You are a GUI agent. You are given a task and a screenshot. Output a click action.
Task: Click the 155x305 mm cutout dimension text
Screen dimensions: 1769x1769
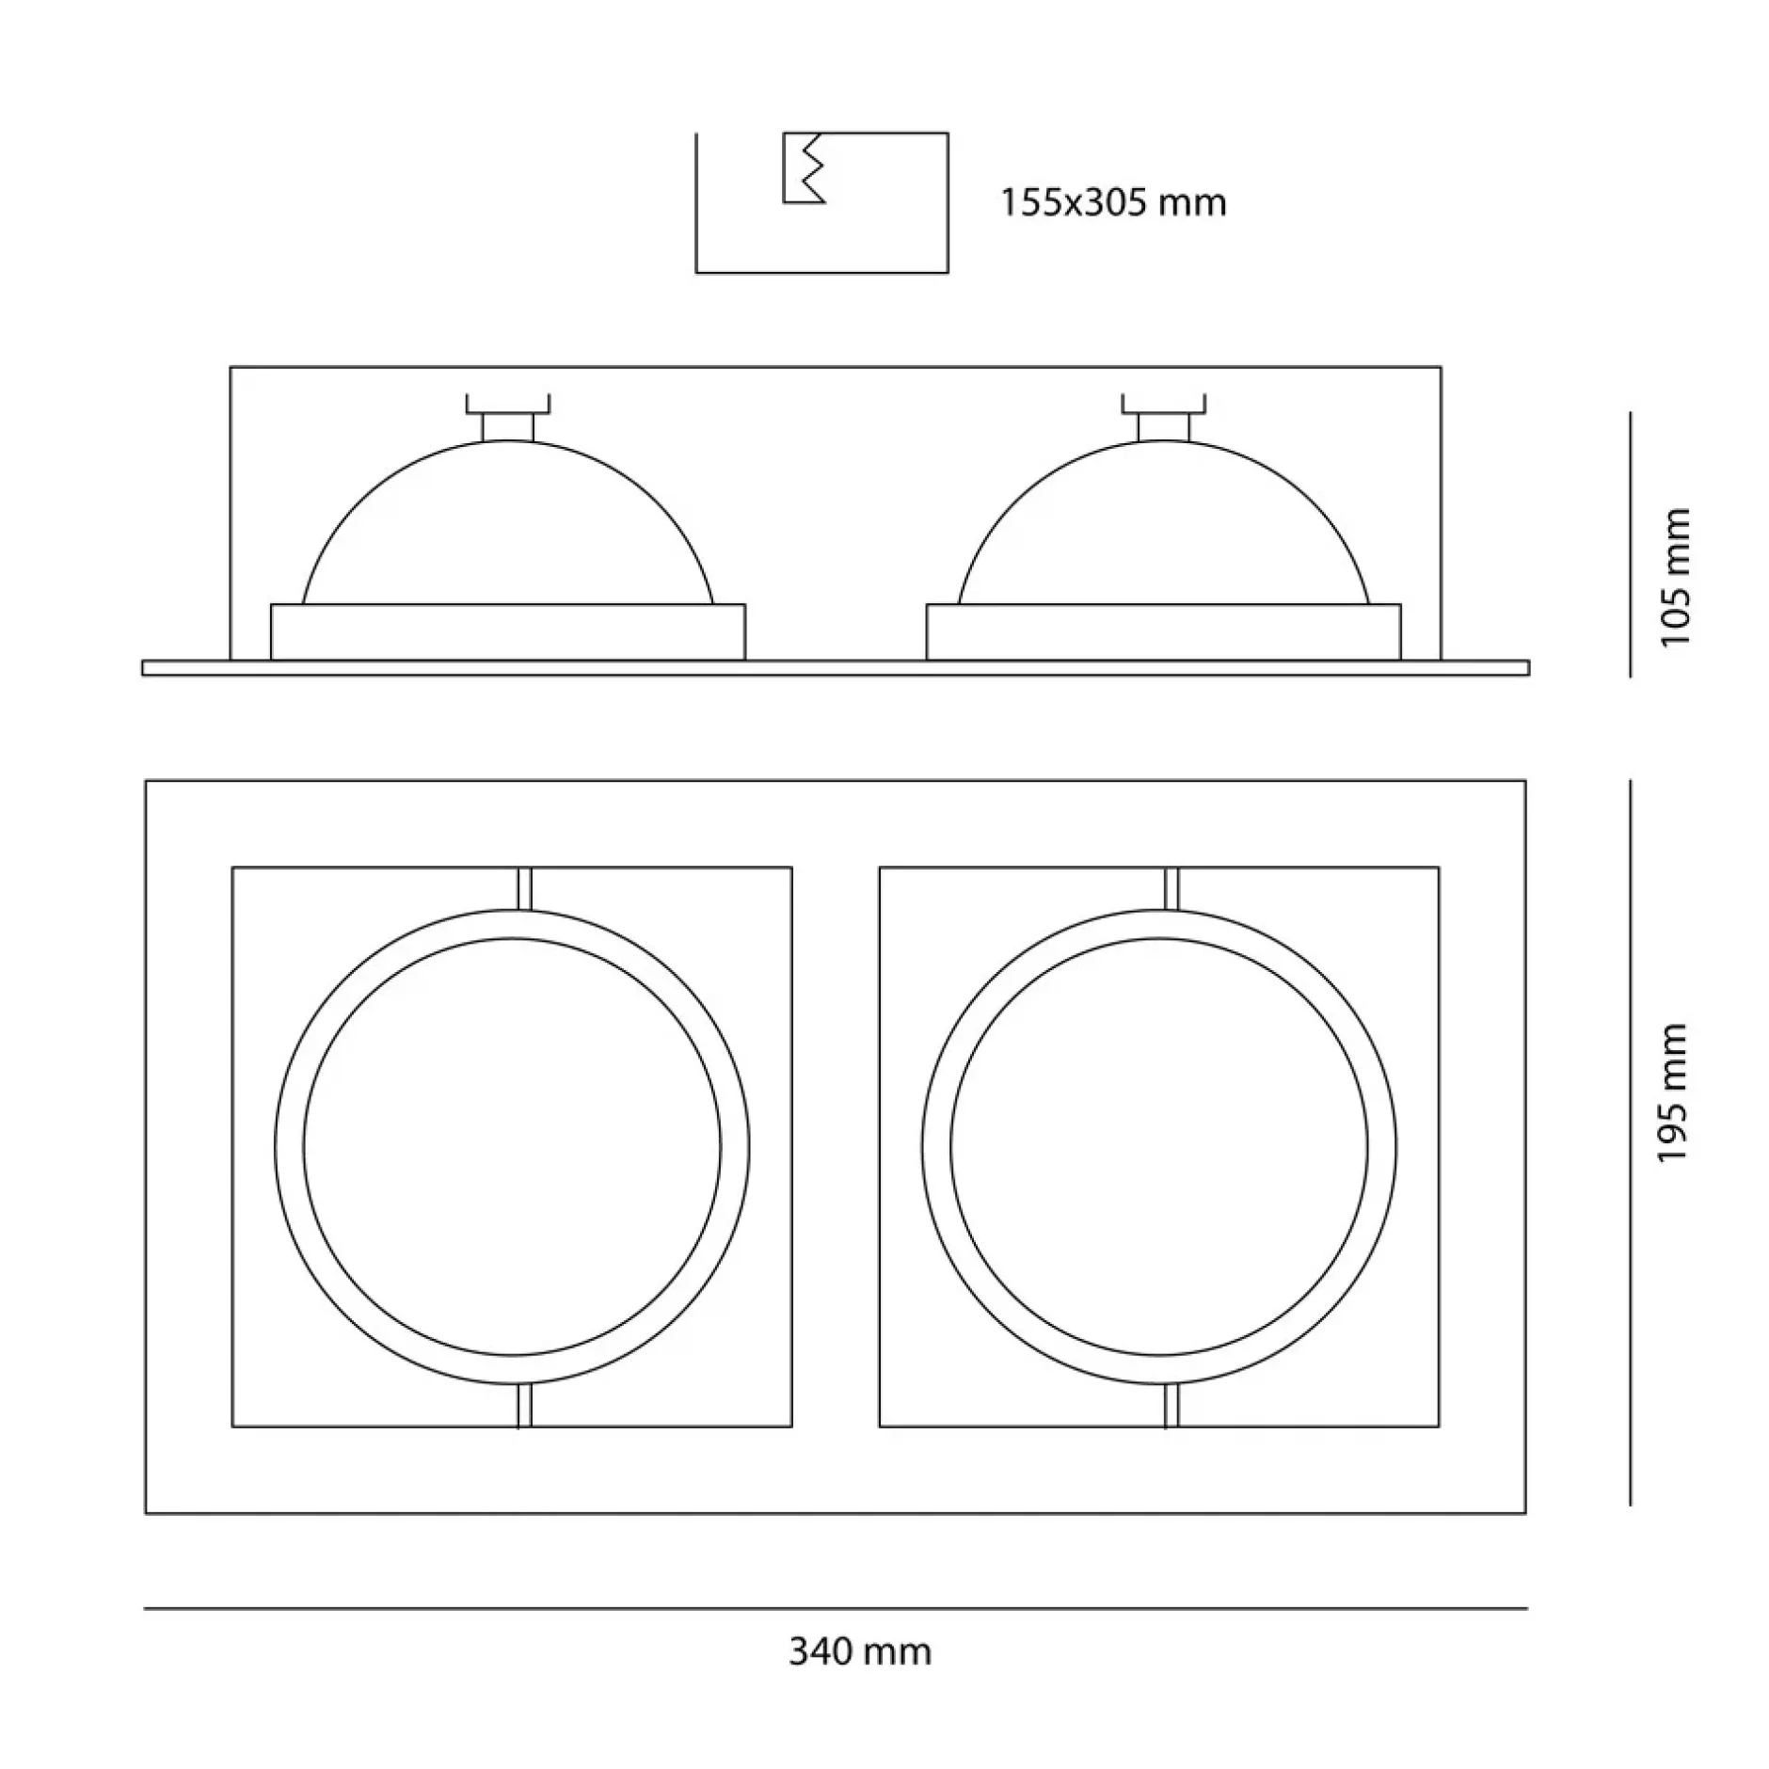tap(1112, 202)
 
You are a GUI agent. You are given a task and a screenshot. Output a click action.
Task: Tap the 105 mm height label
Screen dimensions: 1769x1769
tap(1676, 577)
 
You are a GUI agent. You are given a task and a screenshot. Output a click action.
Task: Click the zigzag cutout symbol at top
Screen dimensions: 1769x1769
tap(805, 167)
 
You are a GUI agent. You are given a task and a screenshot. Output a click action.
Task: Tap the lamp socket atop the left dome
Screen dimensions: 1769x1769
tap(508, 417)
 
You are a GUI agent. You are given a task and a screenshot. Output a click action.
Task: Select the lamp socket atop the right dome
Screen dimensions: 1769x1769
tap(1164, 417)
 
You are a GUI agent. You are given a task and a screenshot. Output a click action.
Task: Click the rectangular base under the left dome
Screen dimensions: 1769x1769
tap(508, 631)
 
